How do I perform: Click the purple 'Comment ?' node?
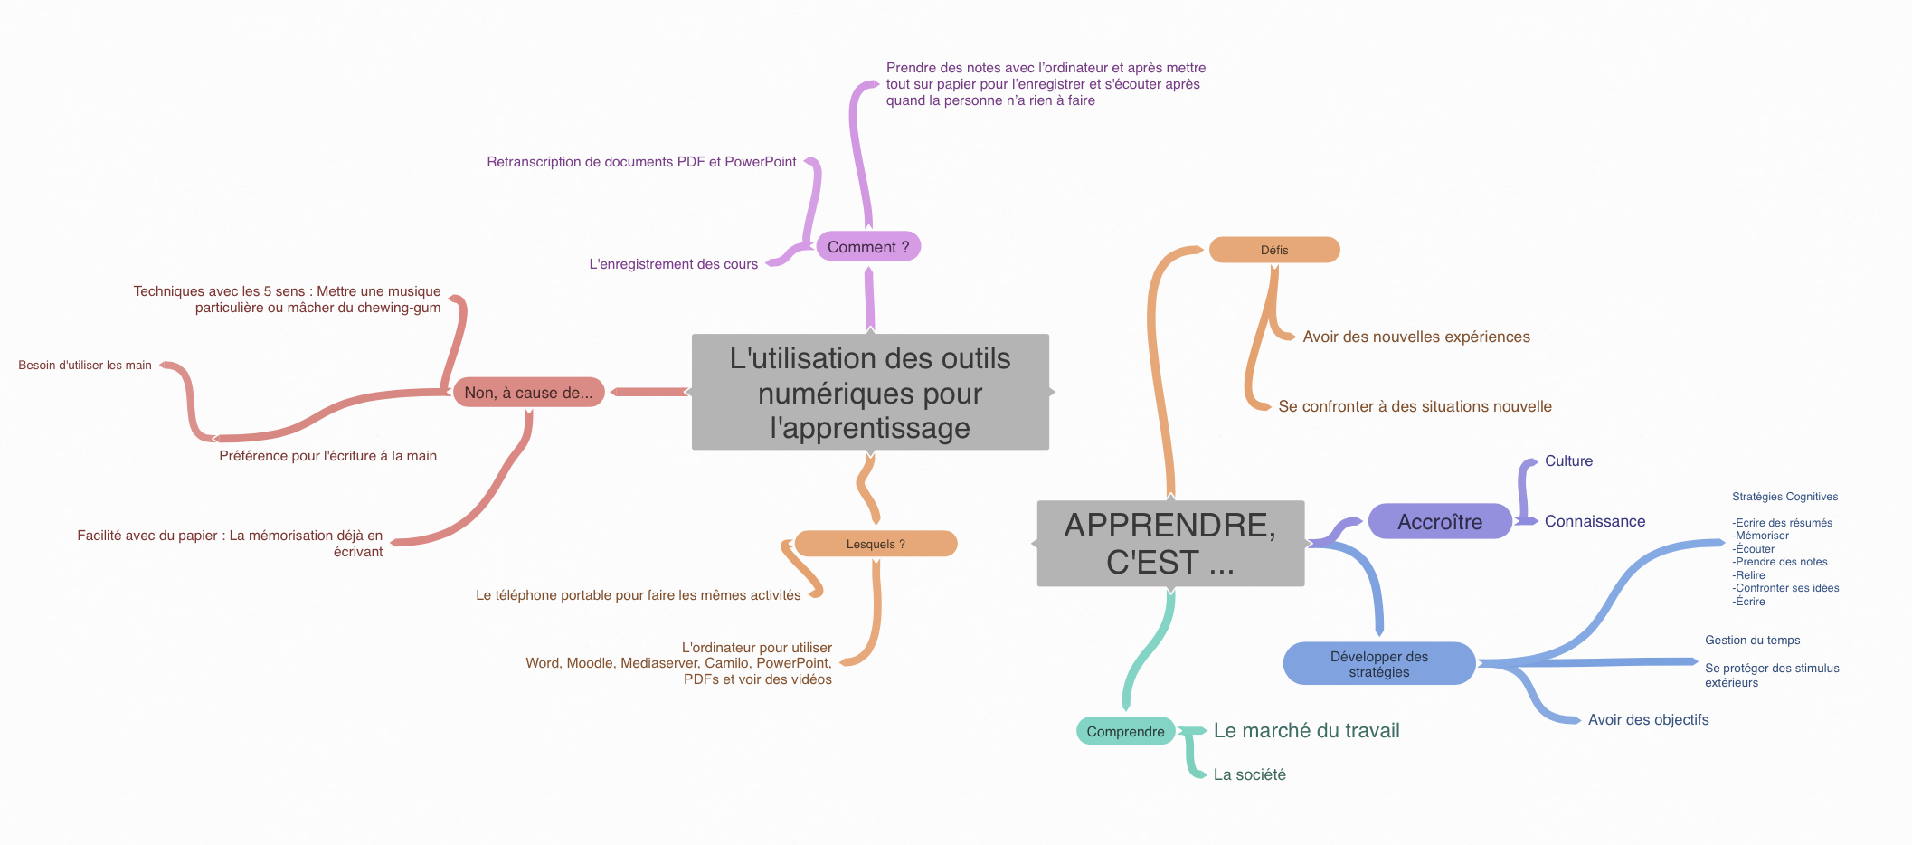point(868,246)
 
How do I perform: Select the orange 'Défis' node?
point(1274,250)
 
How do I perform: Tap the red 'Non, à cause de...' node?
point(528,393)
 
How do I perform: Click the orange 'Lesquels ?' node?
point(876,544)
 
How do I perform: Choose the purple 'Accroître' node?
point(1440,522)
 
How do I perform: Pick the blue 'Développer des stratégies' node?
point(1379,664)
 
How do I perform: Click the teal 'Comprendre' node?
point(1125,731)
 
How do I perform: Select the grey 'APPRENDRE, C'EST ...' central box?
point(1170,544)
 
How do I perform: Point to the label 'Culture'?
point(1568,460)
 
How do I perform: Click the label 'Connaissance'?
point(1595,521)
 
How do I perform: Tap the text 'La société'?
point(1249,774)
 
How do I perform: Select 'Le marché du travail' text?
point(1306,730)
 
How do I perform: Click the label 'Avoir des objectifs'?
point(1648,719)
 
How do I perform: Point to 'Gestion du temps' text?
point(1752,640)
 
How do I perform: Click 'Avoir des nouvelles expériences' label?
point(1416,337)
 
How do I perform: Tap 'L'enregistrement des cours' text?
point(673,264)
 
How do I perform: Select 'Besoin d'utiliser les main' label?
point(85,366)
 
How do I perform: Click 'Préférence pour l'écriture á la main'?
point(327,456)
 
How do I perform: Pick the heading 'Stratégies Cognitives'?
point(1784,497)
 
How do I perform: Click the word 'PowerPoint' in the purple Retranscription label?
point(761,162)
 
